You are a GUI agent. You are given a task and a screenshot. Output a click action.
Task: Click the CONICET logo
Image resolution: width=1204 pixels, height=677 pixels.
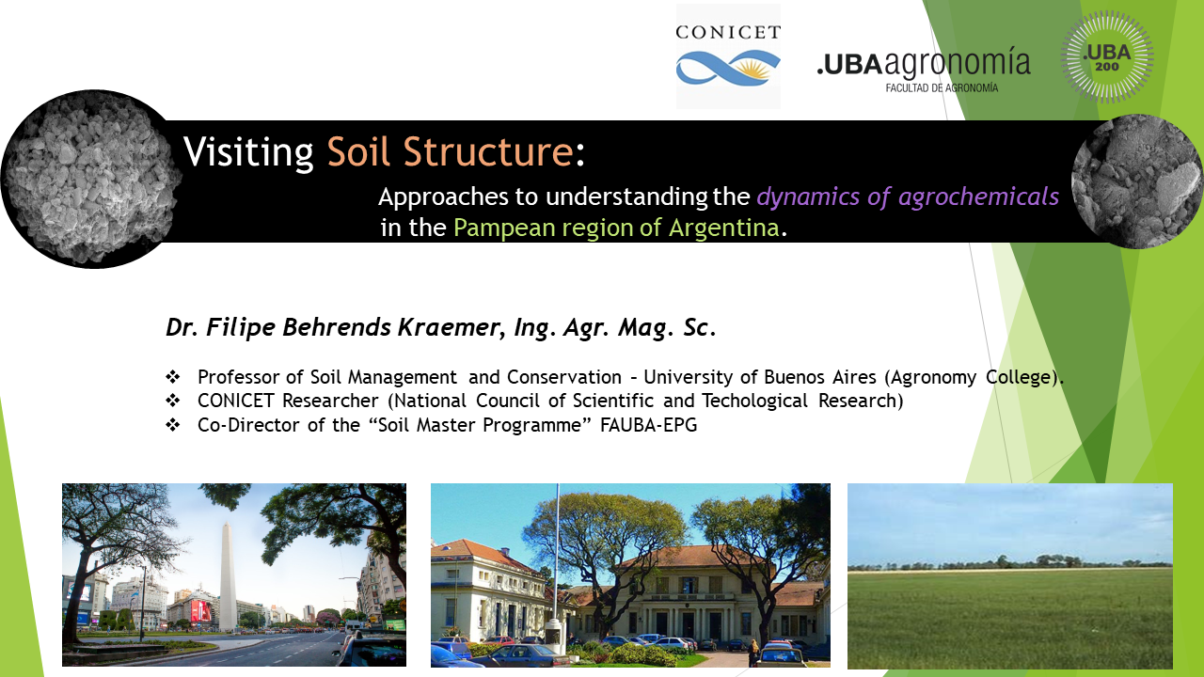tap(728, 56)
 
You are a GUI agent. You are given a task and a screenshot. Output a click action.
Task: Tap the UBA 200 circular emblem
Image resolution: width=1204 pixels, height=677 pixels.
tap(1107, 57)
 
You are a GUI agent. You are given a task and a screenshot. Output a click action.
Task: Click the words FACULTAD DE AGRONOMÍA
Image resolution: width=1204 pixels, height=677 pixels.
tap(942, 87)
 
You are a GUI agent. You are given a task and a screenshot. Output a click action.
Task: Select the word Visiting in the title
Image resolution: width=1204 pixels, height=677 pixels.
tap(248, 152)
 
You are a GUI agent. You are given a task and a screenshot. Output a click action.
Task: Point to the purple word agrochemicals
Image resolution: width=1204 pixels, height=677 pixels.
tap(978, 197)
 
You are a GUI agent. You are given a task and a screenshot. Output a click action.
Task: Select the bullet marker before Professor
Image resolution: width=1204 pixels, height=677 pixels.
tap(172, 377)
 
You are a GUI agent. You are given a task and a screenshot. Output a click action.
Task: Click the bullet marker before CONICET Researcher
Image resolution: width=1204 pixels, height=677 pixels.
tap(172, 401)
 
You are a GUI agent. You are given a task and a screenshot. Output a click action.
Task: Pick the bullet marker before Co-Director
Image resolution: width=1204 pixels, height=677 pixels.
tap(172, 425)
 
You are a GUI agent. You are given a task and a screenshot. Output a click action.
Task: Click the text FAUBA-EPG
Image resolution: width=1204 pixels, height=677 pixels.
tap(648, 425)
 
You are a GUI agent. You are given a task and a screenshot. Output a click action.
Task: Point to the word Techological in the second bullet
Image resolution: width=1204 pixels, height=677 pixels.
tap(754, 401)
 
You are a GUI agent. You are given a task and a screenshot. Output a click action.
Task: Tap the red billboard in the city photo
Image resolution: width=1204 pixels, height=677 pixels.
tap(200, 611)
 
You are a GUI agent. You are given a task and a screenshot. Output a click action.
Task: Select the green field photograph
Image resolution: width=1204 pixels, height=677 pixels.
tap(1010, 575)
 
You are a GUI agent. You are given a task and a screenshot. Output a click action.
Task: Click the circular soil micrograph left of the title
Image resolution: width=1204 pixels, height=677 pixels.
tap(92, 179)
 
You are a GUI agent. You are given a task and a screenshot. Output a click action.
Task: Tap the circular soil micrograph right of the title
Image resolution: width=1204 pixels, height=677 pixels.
tap(1137, 181)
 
